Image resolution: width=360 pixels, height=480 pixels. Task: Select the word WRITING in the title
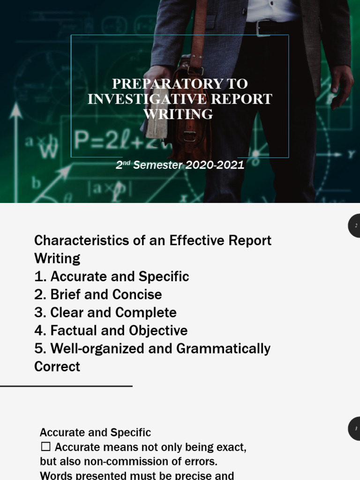178,114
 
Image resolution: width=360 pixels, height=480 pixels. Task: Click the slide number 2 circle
355,225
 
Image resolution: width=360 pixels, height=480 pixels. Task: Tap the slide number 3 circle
355,428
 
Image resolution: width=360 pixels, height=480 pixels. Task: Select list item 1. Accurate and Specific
112,277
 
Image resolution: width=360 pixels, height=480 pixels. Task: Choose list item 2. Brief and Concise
98,294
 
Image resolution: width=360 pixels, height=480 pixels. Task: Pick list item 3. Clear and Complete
105,313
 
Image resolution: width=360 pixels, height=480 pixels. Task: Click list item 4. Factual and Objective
111,330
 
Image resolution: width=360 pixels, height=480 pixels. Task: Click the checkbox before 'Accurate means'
45,447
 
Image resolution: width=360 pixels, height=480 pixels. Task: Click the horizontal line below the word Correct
66,386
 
